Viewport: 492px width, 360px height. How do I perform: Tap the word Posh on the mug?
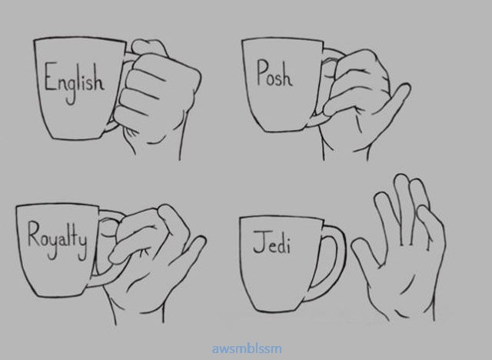(x=274, y=73)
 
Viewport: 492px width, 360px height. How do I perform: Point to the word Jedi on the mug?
(x=271, y=242)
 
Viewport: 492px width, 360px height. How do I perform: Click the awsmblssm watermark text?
(x=247, y=348)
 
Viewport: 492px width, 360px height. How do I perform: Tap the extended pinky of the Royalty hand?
(x=191, y=251)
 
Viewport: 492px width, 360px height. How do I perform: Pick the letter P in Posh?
(x=262, y=72)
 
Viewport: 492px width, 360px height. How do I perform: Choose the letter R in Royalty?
(x=33, y=235)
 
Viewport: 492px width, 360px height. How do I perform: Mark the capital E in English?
(x=49, y=76)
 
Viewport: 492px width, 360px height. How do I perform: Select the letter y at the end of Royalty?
(x=82, y=248)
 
